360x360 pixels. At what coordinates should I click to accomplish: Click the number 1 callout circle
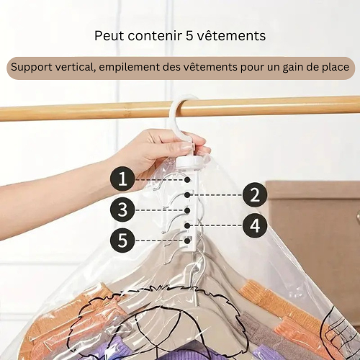(123, 178)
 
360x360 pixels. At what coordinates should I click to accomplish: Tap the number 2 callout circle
(254, 194)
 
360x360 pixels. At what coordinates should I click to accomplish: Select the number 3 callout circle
(123, 210)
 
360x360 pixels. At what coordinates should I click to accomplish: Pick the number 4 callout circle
(254, 225)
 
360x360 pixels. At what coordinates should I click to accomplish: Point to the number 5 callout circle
(123, 240)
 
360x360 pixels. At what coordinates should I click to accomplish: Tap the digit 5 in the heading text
(192, 35)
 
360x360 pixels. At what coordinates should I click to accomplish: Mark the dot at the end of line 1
(187, 178)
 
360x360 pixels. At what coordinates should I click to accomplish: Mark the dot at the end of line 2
(187, 194)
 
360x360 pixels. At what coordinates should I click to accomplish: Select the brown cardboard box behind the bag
(317, 216)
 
